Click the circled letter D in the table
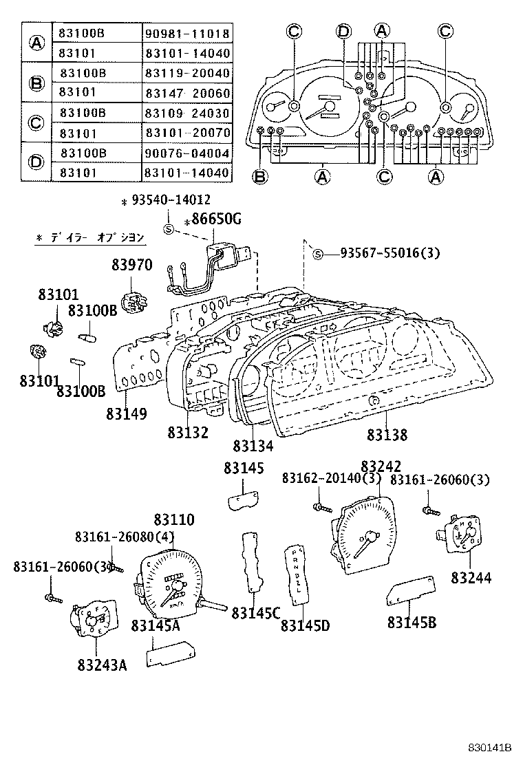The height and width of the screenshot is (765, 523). pyautogui.click(x=36, y=162)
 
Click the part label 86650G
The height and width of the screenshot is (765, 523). pyautogui.click(x=216, y=220)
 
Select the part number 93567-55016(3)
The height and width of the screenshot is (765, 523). pyautogui.click(x=389, y=254)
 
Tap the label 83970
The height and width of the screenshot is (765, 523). pyautogui.click(x=131, y=265)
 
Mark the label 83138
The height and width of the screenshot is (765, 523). pyautogui.click(x=387, y=435)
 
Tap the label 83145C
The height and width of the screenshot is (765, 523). pyautogui.click(x=255, y=612)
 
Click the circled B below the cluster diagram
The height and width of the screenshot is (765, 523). pyautogui.click(x=260, y=177)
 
